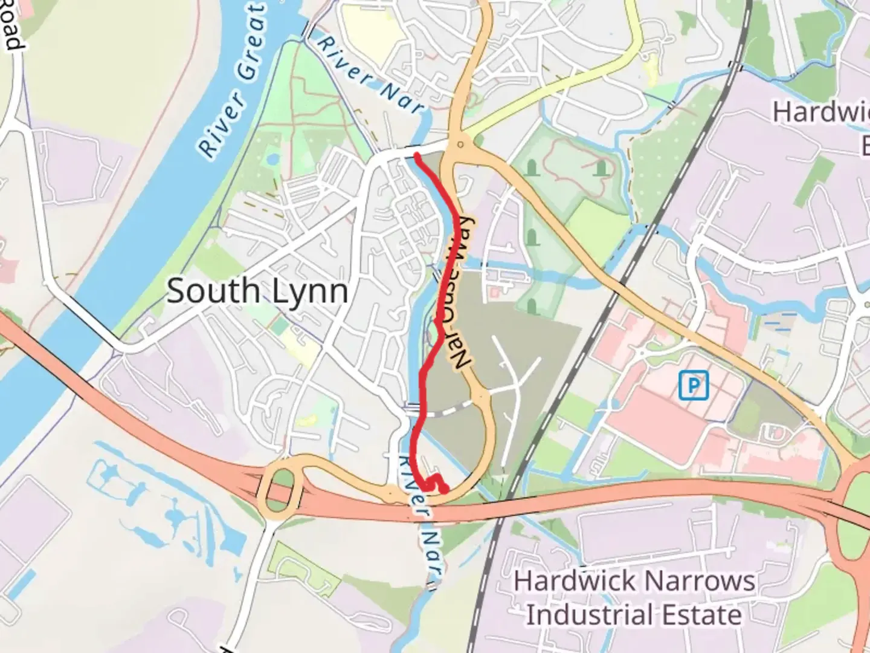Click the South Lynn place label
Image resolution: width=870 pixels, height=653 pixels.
(257, 291)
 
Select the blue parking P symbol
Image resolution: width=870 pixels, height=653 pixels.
(693, 386)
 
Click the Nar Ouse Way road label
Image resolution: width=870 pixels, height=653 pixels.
(460, 293)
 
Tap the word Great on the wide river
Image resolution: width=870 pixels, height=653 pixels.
(251, 42)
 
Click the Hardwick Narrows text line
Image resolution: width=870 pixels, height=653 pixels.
(634, 582)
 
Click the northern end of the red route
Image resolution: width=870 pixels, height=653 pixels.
(416, 155)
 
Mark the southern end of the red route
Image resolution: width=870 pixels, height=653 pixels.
(445, 491)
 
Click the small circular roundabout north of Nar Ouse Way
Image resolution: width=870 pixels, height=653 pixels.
(461, 144)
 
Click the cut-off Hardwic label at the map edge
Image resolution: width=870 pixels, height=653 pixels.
(821, 112)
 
